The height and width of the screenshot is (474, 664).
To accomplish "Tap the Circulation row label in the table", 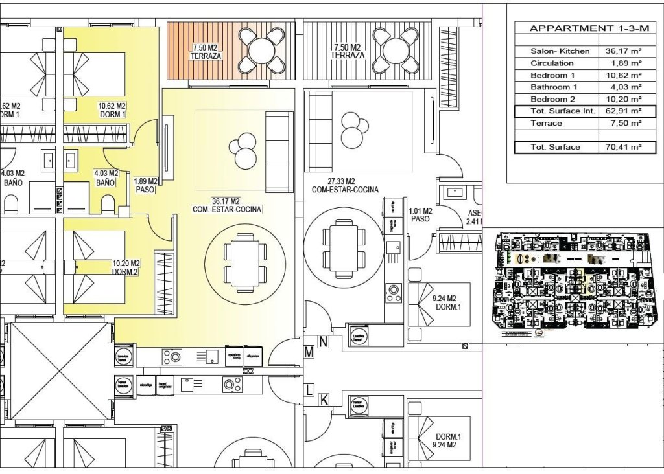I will [552, 63].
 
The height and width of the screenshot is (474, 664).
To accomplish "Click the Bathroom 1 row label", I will [554, 87].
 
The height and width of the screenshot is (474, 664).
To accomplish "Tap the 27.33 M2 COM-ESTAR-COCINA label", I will [344, 186].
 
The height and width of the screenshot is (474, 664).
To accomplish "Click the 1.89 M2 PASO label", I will [145, 186].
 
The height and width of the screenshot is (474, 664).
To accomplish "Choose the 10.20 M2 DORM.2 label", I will [126, 267].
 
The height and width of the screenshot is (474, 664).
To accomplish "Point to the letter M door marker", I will [309, 352].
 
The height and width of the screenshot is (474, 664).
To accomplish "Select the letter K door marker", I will [323, 400].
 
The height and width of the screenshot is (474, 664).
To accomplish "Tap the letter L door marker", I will [309, 389].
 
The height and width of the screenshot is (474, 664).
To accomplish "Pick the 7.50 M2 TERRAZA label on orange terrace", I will [206, 52].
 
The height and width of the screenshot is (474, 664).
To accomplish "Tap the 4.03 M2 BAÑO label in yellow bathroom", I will [106, 178].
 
